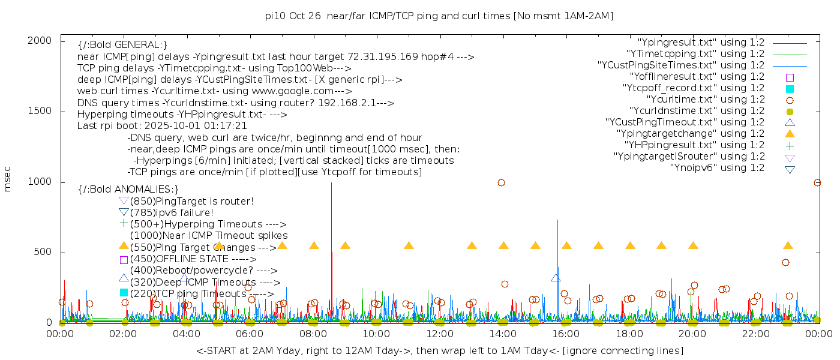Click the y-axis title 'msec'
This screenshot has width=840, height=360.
[x=8, y=181]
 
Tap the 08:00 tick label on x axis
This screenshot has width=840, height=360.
[x=313, y=334]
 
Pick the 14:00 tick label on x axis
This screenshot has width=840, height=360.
[x=503, y=334]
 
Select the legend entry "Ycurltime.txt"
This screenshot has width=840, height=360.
[x=705, y=100]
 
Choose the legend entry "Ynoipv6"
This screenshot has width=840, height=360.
[x=717, y=168]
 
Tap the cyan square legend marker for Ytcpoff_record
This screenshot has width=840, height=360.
[x=790, y=89]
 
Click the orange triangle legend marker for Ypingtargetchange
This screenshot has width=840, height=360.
[x=790, y=134]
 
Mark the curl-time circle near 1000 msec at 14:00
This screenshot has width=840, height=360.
[x=501, y=182]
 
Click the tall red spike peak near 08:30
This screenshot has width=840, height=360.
[x=331, y=184]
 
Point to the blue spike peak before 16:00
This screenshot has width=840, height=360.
[x=558, y=221]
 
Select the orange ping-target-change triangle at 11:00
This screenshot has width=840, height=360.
[x=409, y=245]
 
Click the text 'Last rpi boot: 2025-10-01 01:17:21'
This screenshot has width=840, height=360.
[x=162, y=126]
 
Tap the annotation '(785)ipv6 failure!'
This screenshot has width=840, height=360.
[x=172, y=212]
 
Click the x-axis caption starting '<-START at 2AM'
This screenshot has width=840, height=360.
[x=439, y=350]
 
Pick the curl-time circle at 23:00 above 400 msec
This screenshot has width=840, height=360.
[x=785, y=262]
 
